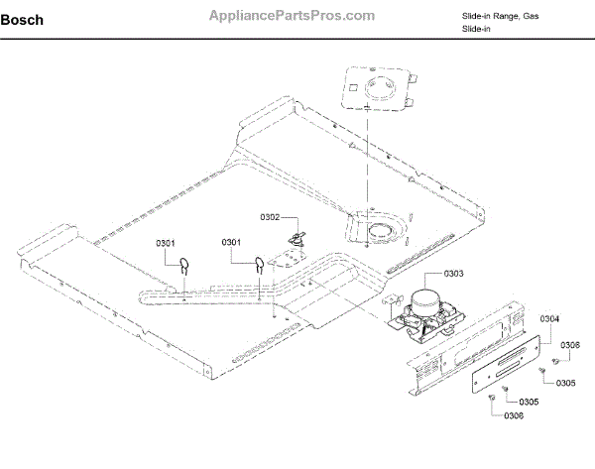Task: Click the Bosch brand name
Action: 22,20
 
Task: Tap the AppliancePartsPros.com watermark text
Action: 293,16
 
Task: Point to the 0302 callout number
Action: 271,217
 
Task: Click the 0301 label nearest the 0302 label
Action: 233,243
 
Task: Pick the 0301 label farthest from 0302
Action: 166,243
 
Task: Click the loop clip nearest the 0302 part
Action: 257,265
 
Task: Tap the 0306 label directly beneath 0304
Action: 568,344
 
